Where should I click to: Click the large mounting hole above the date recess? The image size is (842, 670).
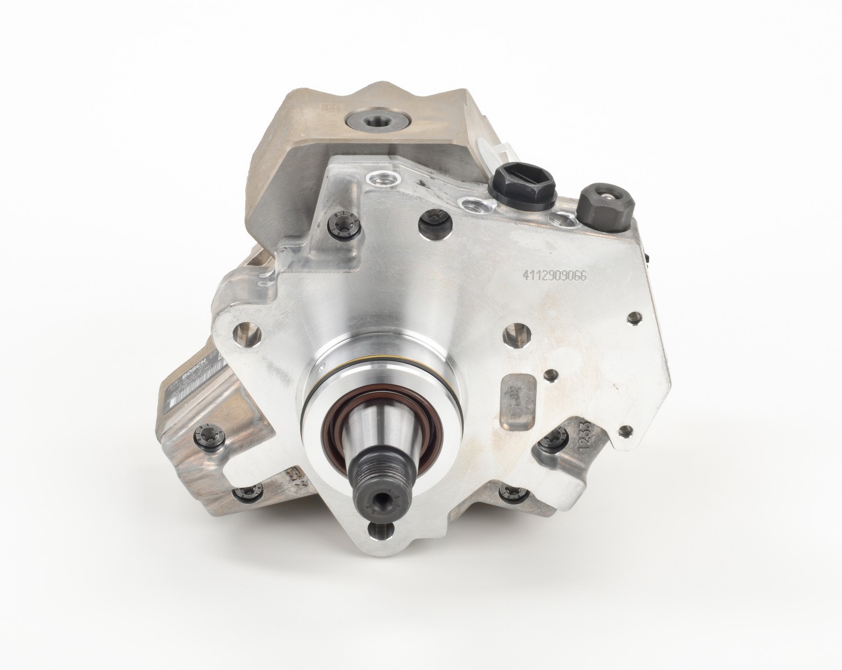[x=516, y=338]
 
